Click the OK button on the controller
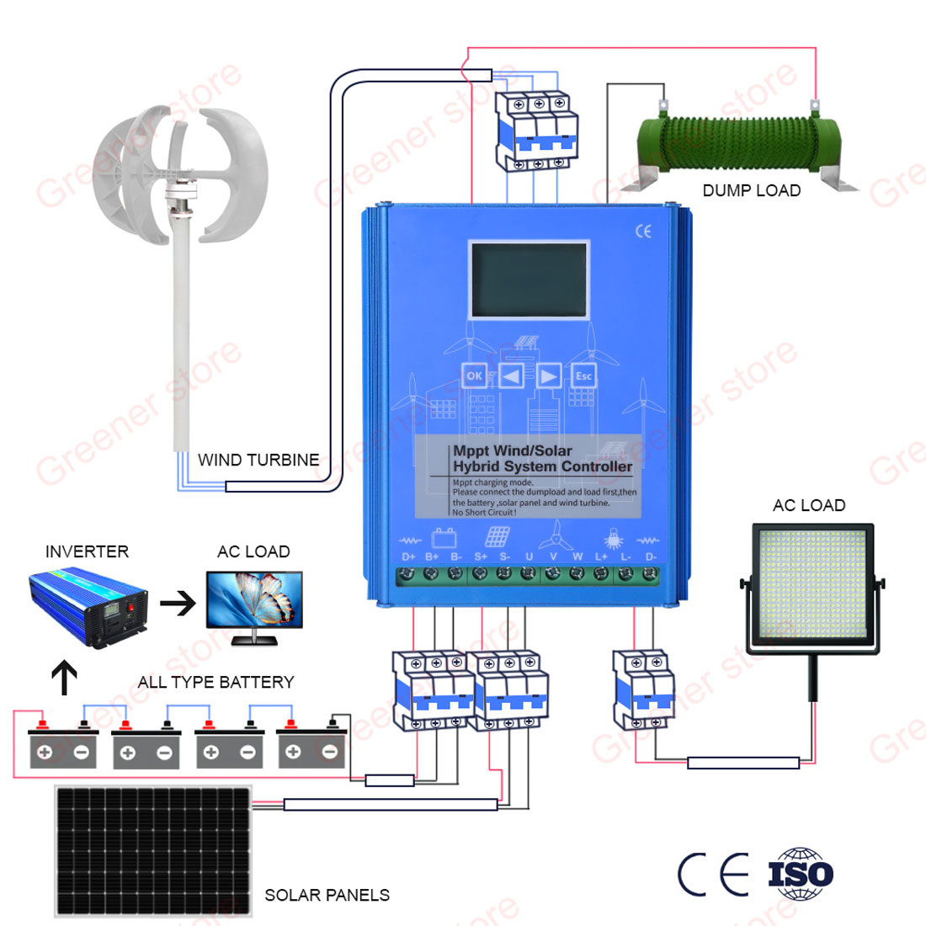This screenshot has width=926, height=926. (474, 375)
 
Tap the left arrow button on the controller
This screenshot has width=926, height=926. (511, 375)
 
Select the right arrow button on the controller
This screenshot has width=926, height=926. (548, 375)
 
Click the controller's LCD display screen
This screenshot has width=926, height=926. (529, 280)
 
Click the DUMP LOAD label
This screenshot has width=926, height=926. (751, 190)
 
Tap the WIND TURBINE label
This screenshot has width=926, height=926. (258, 460)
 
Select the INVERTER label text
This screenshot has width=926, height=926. (87, 551)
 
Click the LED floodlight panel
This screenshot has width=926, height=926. (813, 588)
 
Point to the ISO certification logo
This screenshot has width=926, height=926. (801, 875)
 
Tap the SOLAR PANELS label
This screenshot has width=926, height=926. (327, 895)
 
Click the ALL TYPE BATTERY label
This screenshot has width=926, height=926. (216, 682)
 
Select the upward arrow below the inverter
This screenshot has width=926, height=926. (65, 677)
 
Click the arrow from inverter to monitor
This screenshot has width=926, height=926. (178, 603)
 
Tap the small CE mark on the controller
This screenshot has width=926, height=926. (643, 231)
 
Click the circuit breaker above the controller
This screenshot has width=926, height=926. (536, 130)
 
